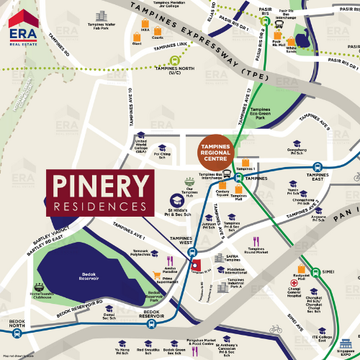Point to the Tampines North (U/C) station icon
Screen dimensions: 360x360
174,60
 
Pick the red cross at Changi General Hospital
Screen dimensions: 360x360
294,283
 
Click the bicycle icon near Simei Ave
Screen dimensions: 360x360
274,328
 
